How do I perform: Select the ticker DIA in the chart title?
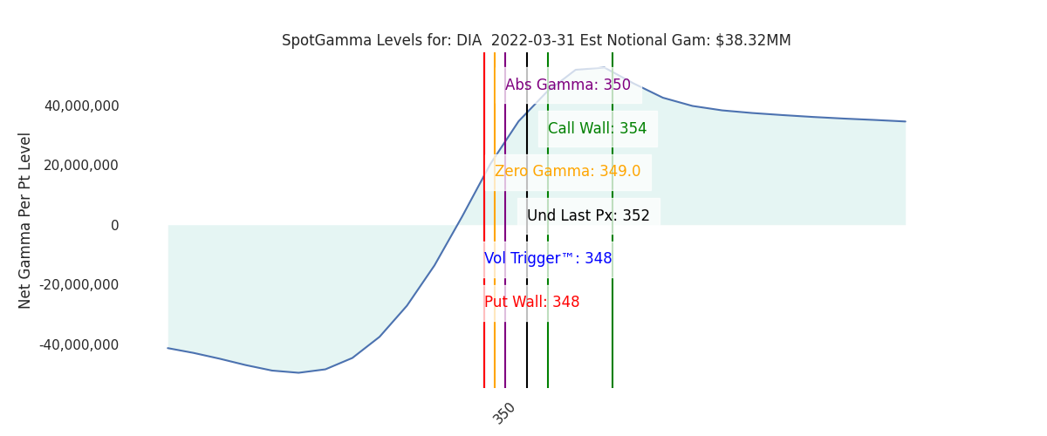coord(469,40)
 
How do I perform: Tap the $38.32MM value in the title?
coord(753,40)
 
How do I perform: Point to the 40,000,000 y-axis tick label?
coord(82,106)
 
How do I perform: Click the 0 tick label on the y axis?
coord(115,225)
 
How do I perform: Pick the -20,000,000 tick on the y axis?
coord(79,284)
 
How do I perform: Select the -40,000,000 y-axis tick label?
coord(79,344)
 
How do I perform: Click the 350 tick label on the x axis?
coord(504,413)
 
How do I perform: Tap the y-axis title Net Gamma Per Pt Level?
coord(24,221)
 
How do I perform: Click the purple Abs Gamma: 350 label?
coord(568,85)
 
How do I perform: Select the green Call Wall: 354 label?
coord(598,128)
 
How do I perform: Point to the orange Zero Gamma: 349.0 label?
coord(567,171)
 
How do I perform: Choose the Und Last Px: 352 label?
coord(588,215)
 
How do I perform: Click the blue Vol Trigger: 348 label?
coord(548,258)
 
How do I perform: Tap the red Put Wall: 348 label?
coord(532,302)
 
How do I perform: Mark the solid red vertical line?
coord(484,220)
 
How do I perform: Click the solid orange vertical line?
coord(495,220)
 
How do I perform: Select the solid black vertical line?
coord(527,220)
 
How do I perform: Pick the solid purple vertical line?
coord(505,220)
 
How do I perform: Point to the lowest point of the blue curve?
coord(298,372)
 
